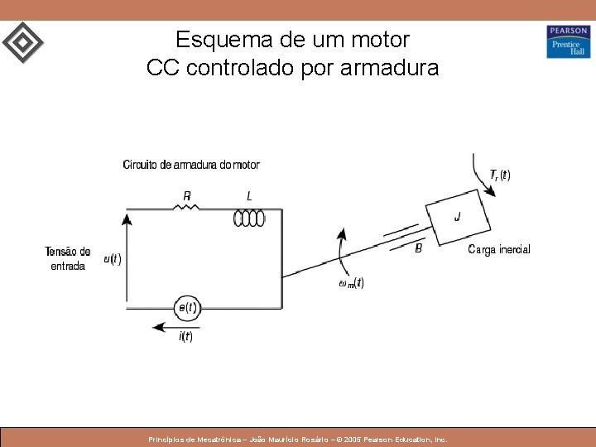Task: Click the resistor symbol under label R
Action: [x=186, y=207]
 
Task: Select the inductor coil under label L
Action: [x=249, y=217]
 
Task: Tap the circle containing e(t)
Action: [x=187, y=307]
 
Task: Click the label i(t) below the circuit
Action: [x=185, y=336]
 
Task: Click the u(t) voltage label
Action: [x=113, y=259]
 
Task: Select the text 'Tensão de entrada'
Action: [x=68, y=258]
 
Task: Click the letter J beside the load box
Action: [x=458, y=217]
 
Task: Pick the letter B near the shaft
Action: [x=419, y=248]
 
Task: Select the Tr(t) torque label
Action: [x=500, y=175]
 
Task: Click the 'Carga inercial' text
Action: [x=498, y=249]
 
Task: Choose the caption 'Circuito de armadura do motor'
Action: [x=191, y=165]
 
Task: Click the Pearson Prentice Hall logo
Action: [x=568, y=41]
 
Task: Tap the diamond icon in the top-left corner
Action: [x=22, y=42]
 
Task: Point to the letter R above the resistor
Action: [x=187, y=196]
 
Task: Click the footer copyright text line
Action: [x=297, y=440]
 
